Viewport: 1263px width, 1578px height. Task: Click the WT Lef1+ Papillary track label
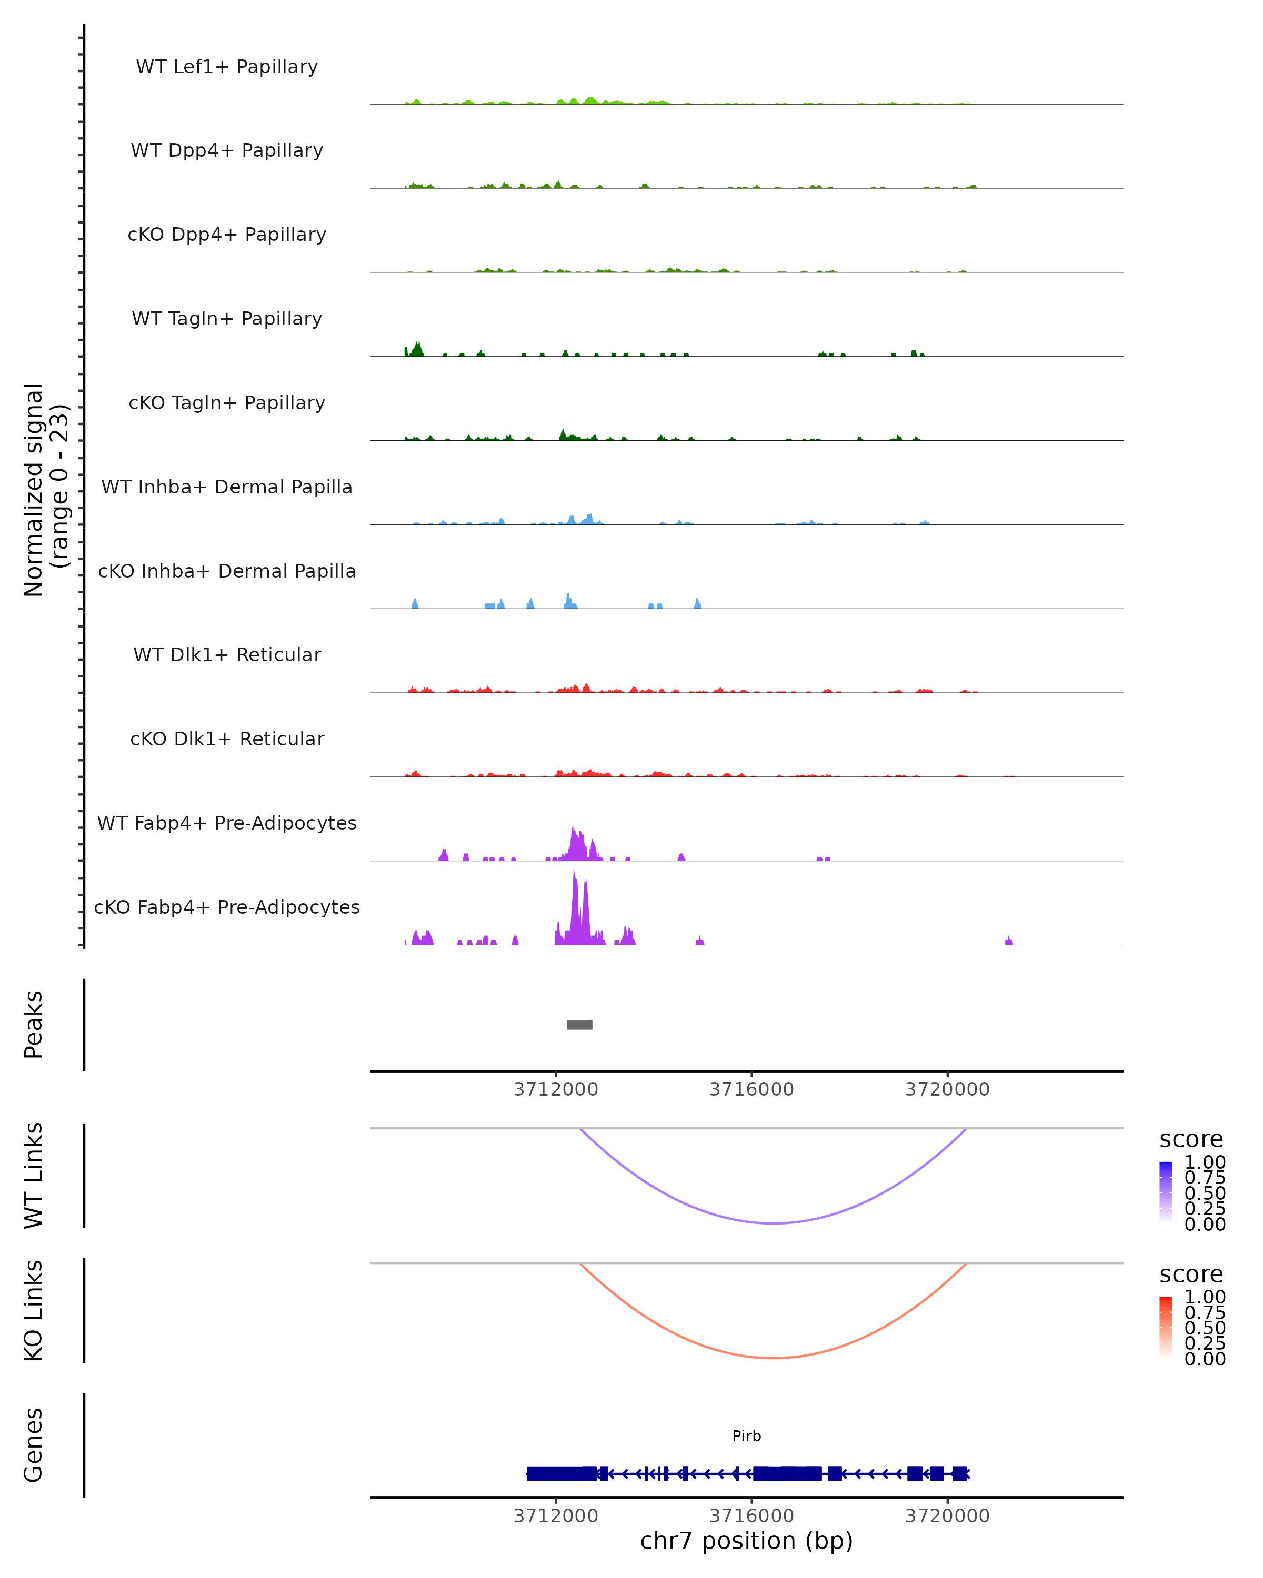click(x=227, y=67)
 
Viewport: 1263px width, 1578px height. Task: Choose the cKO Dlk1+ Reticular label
click(x=227, y=739)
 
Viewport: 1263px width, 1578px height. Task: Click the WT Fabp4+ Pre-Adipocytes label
click(x=227, y=823)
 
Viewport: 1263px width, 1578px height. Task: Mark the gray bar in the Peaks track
click(x=579, y=1025)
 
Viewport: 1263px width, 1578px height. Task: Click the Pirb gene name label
click(x=746, y=1436)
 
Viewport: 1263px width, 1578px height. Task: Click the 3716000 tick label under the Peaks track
click(x=751, y=1089)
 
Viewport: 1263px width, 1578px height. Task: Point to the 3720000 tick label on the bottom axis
click(x=947, y=1516)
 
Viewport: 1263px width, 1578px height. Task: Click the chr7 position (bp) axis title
click(x=746, y=1541)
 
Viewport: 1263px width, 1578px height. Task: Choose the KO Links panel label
click(x=34, y=1310)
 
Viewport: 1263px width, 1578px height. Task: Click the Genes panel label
click(x=34, y=1445)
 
